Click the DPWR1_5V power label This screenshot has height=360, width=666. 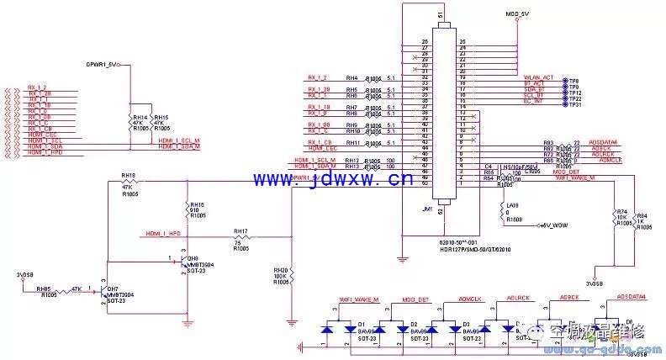click(104, 63)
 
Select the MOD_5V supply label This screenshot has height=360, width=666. click(516, 15)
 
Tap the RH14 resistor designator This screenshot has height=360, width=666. click(139, 117)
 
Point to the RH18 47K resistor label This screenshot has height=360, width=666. click(128, 176)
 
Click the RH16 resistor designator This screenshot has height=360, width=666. click(197, 204)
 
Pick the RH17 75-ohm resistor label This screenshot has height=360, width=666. click(240, 231)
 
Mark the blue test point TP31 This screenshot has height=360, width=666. click(575, 104)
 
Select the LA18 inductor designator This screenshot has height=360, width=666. click(510, 205)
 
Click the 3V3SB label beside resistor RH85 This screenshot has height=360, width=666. click(26, 275)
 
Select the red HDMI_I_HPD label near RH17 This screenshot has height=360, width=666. click(163, 233)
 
